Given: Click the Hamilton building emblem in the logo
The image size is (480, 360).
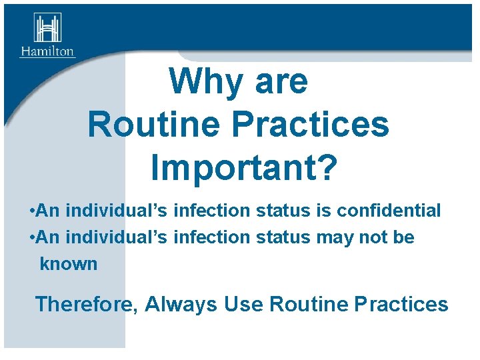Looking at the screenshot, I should pyautogui.click(x=47, y=28).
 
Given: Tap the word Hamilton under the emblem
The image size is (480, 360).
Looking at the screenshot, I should pyautogui.click(x=47, y=51).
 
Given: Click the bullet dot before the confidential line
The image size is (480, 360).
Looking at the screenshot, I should pyautogui.click(x=33, y=211).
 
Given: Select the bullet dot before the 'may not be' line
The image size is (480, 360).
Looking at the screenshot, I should pyautogui.click(x=33, y=237).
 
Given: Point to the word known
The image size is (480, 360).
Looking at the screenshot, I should pyautogui.click(x=68, y=264).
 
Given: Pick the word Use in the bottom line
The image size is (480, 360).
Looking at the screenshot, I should pyautogui.click(x=243, y=305).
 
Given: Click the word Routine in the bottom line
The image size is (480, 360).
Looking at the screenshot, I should pyautogui.click(x=307, y=305).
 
